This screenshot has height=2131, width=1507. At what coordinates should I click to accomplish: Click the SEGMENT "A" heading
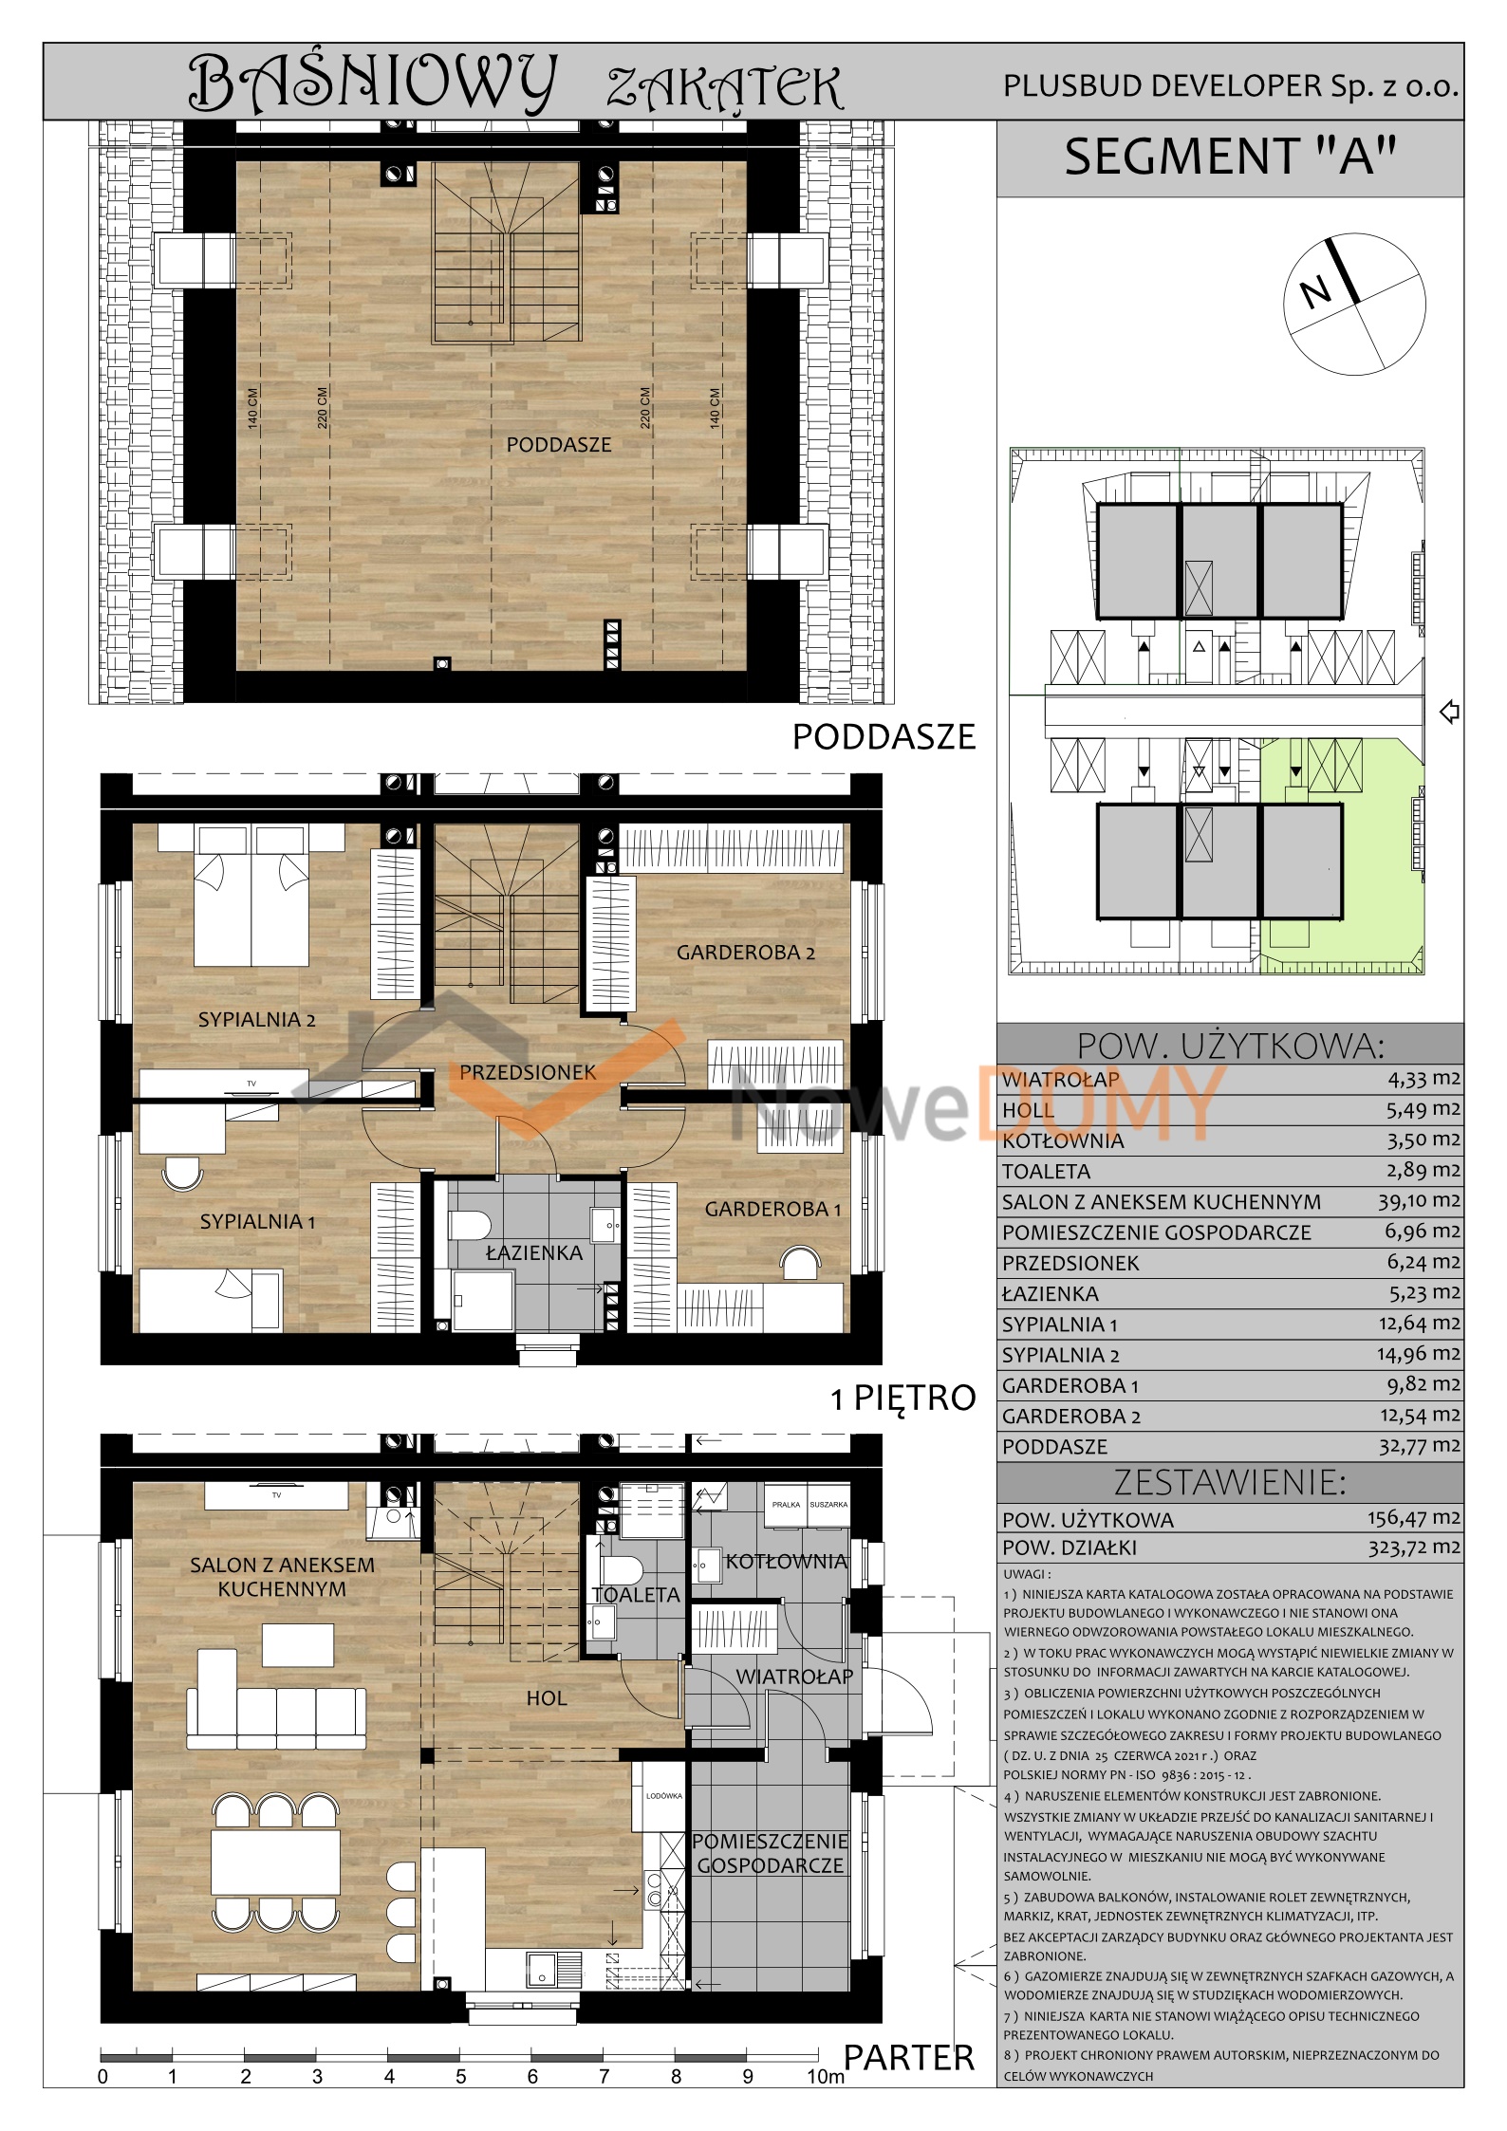click(x=1230, y=157)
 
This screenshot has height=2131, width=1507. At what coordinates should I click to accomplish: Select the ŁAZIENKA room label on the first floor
click(x=534, y=1253)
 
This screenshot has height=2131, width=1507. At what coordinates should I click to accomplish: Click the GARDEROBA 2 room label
click(x=745, y=953)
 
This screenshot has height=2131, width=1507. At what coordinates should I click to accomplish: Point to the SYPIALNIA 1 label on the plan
click(x=257, y=1222)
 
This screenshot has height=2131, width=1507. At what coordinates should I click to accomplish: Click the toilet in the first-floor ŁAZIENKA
click(x=469, y=1224)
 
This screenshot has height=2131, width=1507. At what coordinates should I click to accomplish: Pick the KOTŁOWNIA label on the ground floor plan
click(x=786, y=1561)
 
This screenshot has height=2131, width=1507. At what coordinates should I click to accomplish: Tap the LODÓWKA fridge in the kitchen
click(x=663, y=1795)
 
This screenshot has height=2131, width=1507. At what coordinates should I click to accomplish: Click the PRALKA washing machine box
click(x=786, y=1505)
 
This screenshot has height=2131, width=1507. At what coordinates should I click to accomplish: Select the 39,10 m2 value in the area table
click(x=1420, y=1200)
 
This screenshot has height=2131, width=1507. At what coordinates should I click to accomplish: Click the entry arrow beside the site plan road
click(x=1449, y=711)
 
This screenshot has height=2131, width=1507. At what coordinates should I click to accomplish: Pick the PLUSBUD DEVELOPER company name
click(x=1231, y=86)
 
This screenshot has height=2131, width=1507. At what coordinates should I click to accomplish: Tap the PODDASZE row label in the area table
click(x=1054, y=1447)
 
